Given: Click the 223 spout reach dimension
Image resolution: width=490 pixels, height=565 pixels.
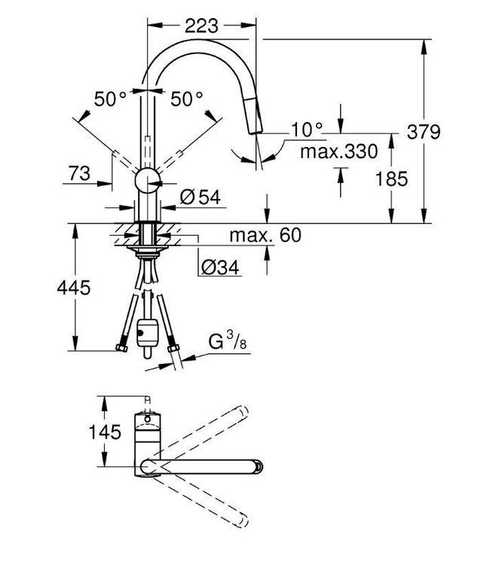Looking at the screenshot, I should click(x=200, y=25).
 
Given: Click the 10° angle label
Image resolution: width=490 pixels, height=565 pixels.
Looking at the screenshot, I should click(x=306, y=130).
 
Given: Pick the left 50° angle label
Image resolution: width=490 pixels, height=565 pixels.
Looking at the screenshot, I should click(x=111, y=98).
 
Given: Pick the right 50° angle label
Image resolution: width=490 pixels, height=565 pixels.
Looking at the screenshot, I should click(x=186, y=98).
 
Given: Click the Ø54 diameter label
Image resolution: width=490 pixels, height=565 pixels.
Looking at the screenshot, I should click(x=199, y=198).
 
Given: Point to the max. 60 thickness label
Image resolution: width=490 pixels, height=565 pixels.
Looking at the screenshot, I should click(x=265, y=237).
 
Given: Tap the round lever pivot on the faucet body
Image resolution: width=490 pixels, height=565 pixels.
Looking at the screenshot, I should click(x=147, y=181).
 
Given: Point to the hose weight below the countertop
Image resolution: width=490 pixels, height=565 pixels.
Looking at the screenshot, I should click(x=146, y=332).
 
